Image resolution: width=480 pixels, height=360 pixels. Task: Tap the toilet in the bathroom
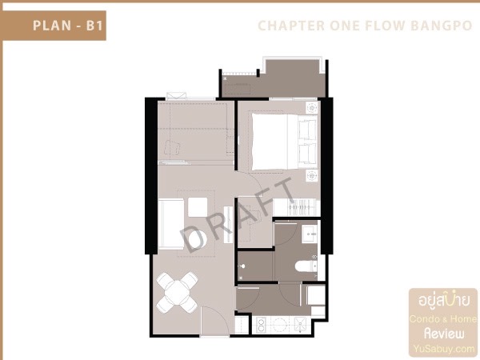tap(305, 267)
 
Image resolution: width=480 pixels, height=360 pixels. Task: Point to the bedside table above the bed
tap(312, 106)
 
